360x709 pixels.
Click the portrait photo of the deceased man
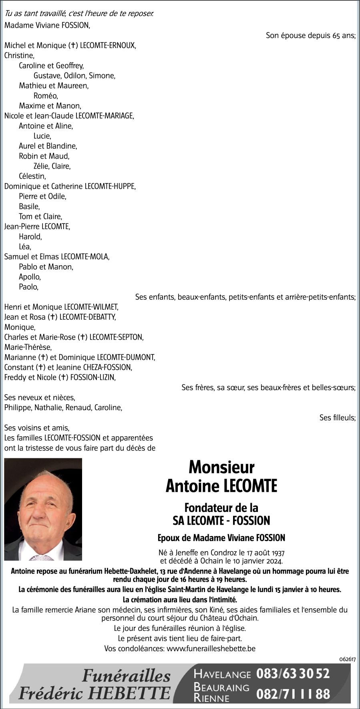point(43,509)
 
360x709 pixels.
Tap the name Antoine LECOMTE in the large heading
point(221,486)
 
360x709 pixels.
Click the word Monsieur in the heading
point(221,467)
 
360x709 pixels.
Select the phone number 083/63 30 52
point(293,673)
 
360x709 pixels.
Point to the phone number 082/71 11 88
point(293,693)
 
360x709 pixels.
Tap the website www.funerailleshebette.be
point(211,649)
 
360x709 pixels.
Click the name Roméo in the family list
point(46,96)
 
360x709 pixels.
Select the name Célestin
point(32,176)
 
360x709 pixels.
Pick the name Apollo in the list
point(30,277)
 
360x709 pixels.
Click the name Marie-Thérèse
point(28,347)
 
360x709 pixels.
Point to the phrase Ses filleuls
point(337,418)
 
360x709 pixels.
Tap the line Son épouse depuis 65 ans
point(310,36)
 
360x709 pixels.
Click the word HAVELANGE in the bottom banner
point(222,674)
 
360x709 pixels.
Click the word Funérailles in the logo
point(126,676)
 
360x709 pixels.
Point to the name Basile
point(29,207)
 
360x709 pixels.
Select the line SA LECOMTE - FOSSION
point(221,520)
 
